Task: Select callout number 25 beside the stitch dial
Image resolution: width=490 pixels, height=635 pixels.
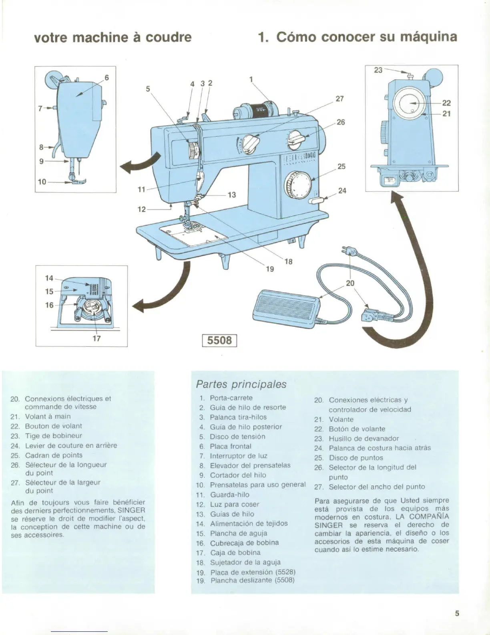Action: coord(341,166)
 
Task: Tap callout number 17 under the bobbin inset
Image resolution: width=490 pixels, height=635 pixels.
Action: coord(96,338)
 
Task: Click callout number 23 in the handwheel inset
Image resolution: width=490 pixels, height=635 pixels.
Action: coord(378,70)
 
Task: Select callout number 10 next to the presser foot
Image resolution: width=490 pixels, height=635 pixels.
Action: coord(42,182)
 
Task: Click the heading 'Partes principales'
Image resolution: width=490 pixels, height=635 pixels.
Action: coord(241,384)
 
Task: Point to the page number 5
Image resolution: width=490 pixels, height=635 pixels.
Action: coord(457,613)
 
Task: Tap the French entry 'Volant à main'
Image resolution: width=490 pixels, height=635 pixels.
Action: coord(48,416)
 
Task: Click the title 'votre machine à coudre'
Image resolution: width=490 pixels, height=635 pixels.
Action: coord(113,37)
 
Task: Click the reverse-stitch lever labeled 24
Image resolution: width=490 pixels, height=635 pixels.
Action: coord(316,200)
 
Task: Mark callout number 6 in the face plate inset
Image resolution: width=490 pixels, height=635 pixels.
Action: coord(107,77)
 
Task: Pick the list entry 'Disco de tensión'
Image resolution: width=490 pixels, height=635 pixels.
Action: coord(237,437)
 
